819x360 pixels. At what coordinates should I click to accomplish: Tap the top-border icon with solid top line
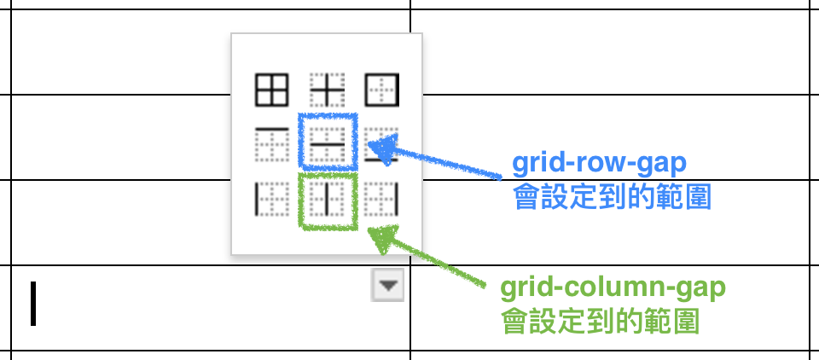(x=271, y=144)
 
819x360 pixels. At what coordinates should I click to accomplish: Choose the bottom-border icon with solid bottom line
(x=381, y=144)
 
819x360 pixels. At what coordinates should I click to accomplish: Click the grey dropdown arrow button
(x=388, y=287)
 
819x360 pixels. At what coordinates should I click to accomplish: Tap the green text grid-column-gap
(x=613, y=287)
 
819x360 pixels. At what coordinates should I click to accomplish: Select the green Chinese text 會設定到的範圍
(x=601, y=322)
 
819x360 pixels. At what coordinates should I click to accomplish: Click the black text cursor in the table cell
(x=33, y=305)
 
